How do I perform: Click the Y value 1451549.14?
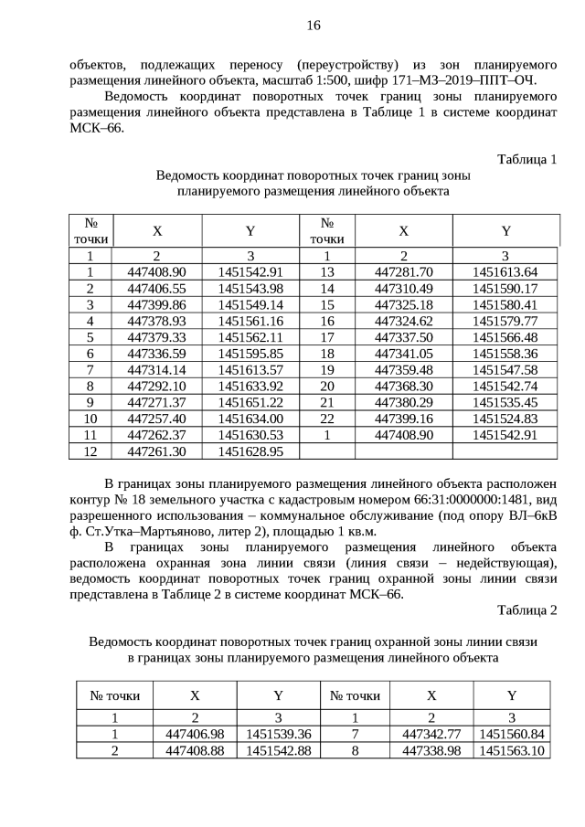click(x=250, y=304)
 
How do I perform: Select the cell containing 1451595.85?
click(x=250, y=353)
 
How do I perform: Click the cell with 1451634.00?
click(x=250, y=419)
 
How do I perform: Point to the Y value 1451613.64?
click(x=505, y=271)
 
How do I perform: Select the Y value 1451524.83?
click(x=505, y=419)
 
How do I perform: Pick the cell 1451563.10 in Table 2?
click(x=512, y=750)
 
